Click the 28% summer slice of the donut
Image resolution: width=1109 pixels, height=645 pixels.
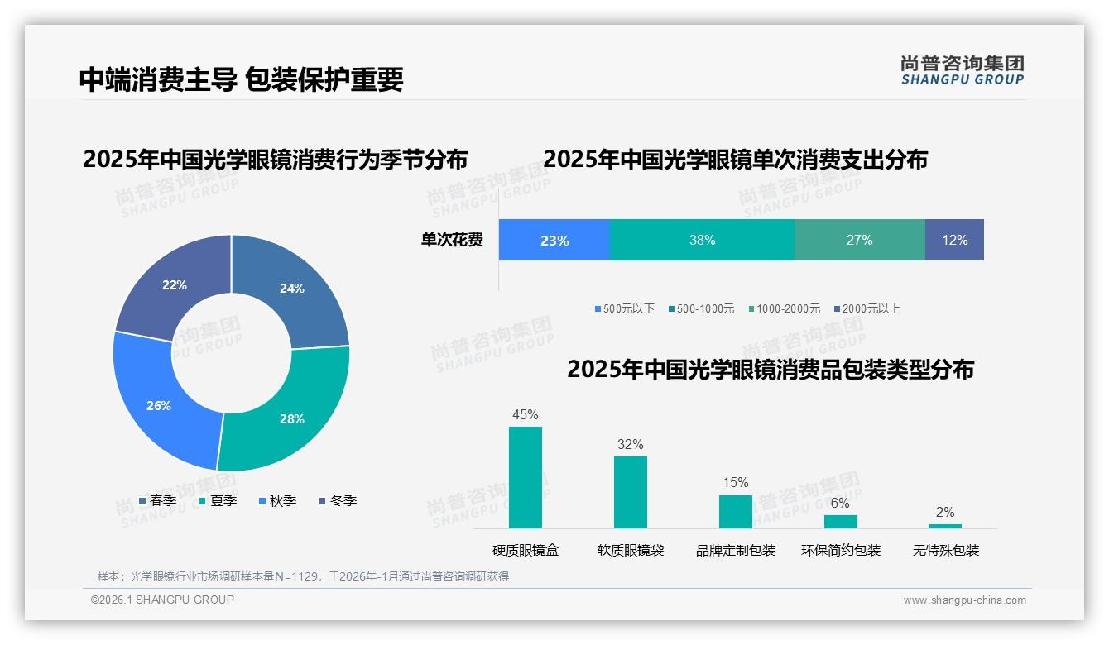[x=290, y=413]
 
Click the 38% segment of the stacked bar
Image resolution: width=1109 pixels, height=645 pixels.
[x=702, y=240]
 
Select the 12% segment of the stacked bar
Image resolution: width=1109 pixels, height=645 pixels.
[x=954, y=240]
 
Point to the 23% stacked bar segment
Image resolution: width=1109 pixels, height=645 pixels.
[x=554, y=240]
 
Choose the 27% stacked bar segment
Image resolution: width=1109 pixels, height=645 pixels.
[x=859, y=240]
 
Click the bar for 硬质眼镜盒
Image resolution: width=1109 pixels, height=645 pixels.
[x=526, y=477]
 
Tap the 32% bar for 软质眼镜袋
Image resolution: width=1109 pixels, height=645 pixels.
[x=630, y=492]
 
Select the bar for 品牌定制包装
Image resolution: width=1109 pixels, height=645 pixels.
[x=735, y=511]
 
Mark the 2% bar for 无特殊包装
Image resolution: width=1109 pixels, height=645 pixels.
[x=945, y=526]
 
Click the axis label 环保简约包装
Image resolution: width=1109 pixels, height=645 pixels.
[x=840, y=550]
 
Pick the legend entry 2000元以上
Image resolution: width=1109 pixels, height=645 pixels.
[x=867, y=308]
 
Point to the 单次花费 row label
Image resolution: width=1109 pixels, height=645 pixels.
[x=452, y=240]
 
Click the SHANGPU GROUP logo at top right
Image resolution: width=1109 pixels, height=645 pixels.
[x=962, y=69]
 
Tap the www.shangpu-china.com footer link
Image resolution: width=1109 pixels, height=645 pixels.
[x=964, y=600]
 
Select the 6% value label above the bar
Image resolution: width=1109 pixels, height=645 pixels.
[x=840, y=503]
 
